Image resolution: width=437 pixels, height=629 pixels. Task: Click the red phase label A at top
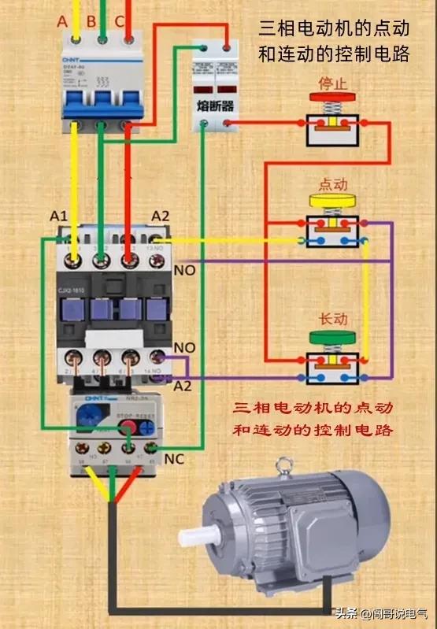pyautogui.click(x=63, y=21)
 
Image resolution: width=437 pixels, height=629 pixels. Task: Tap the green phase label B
pyautogui.click(x=91, y=21)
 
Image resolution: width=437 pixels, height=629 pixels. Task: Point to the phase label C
pyautogui.click(x=119, y=21)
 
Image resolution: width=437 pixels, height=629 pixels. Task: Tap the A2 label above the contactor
pyautogui.click(x=161, y=216)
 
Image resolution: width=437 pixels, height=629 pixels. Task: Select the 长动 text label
pyautogui.click(x=331, y=320)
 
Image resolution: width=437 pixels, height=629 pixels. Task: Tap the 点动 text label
pyautogui.click(x=331, y=184)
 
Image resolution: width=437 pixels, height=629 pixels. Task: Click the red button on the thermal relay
pyautogui.click(x=126, y=427)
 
